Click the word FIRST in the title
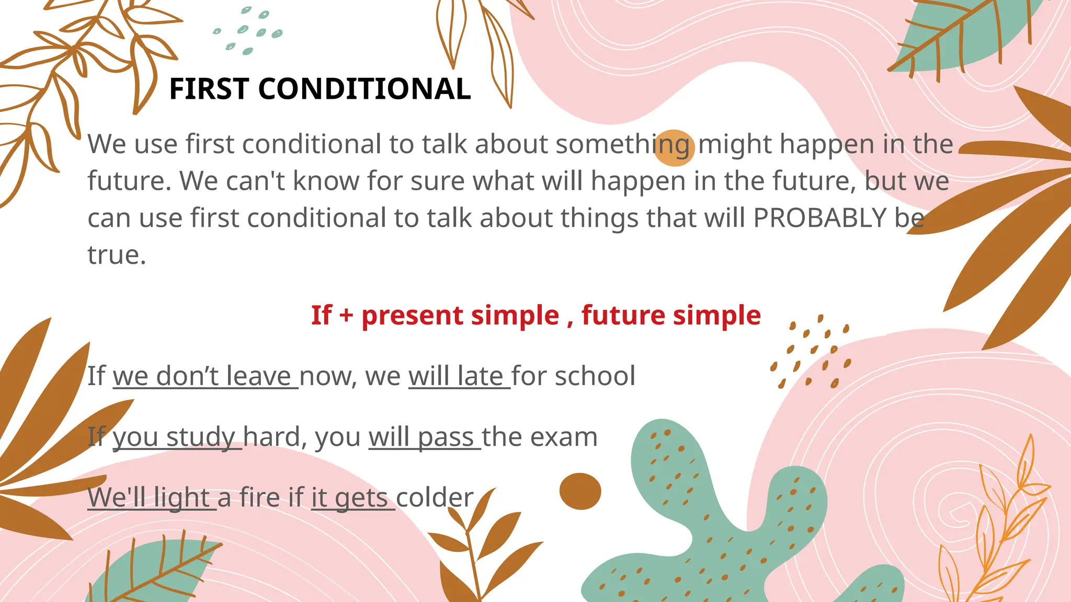pyautogui.click(x=208, y=89)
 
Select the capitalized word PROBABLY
pyautogui.click(x=819, y=218)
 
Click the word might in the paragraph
pyautogui.click(x=735, y=144)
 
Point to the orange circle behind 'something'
pyautogui.click(x=674, y=148)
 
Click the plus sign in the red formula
pyautogui.click(x=346, y=316)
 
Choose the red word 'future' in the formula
pyautogui.click(x=623, y=316)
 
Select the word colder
pyautogui.click(x=435, y=497)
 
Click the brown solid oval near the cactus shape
pyautogui.click(x=580, y=491)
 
